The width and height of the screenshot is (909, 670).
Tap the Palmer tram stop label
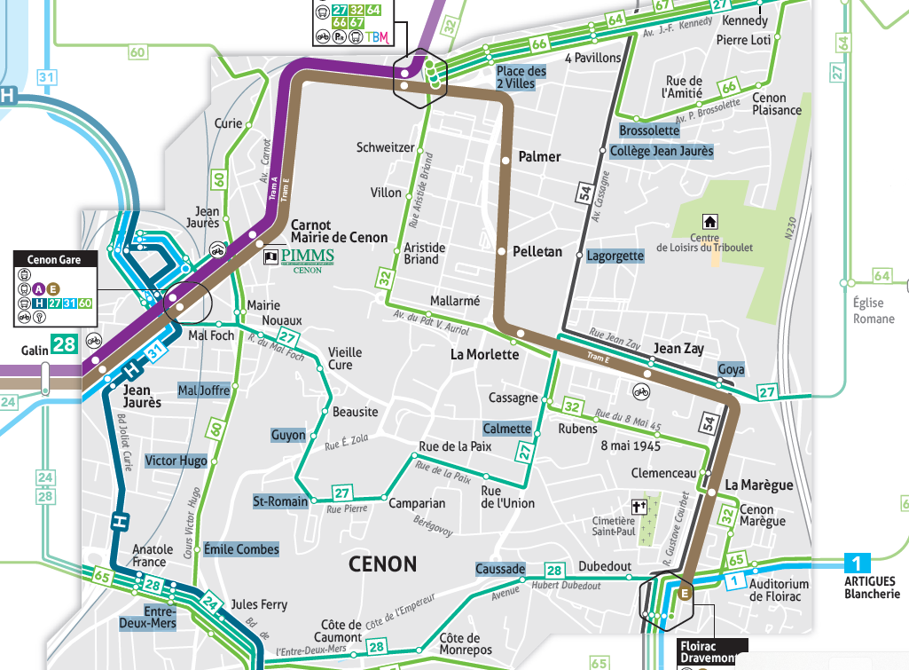[539, 156]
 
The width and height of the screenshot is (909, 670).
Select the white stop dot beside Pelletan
[502, 252]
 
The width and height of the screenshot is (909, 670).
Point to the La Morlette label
[484, 355]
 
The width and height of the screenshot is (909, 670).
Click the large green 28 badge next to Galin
[63, 344]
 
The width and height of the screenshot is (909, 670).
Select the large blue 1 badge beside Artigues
[857, 563]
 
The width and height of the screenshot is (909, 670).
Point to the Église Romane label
[874, 311]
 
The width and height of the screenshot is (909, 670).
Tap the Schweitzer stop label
[385, 147]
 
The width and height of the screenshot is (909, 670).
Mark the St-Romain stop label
[280, 501]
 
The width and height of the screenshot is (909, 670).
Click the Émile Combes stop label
[241, 549]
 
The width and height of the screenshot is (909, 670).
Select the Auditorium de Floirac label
[779, 590]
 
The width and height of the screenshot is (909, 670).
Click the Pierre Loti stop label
[743, 40]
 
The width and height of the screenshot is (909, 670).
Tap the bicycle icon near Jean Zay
[641, 390]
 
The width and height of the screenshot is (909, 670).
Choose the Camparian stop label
[417, 503]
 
